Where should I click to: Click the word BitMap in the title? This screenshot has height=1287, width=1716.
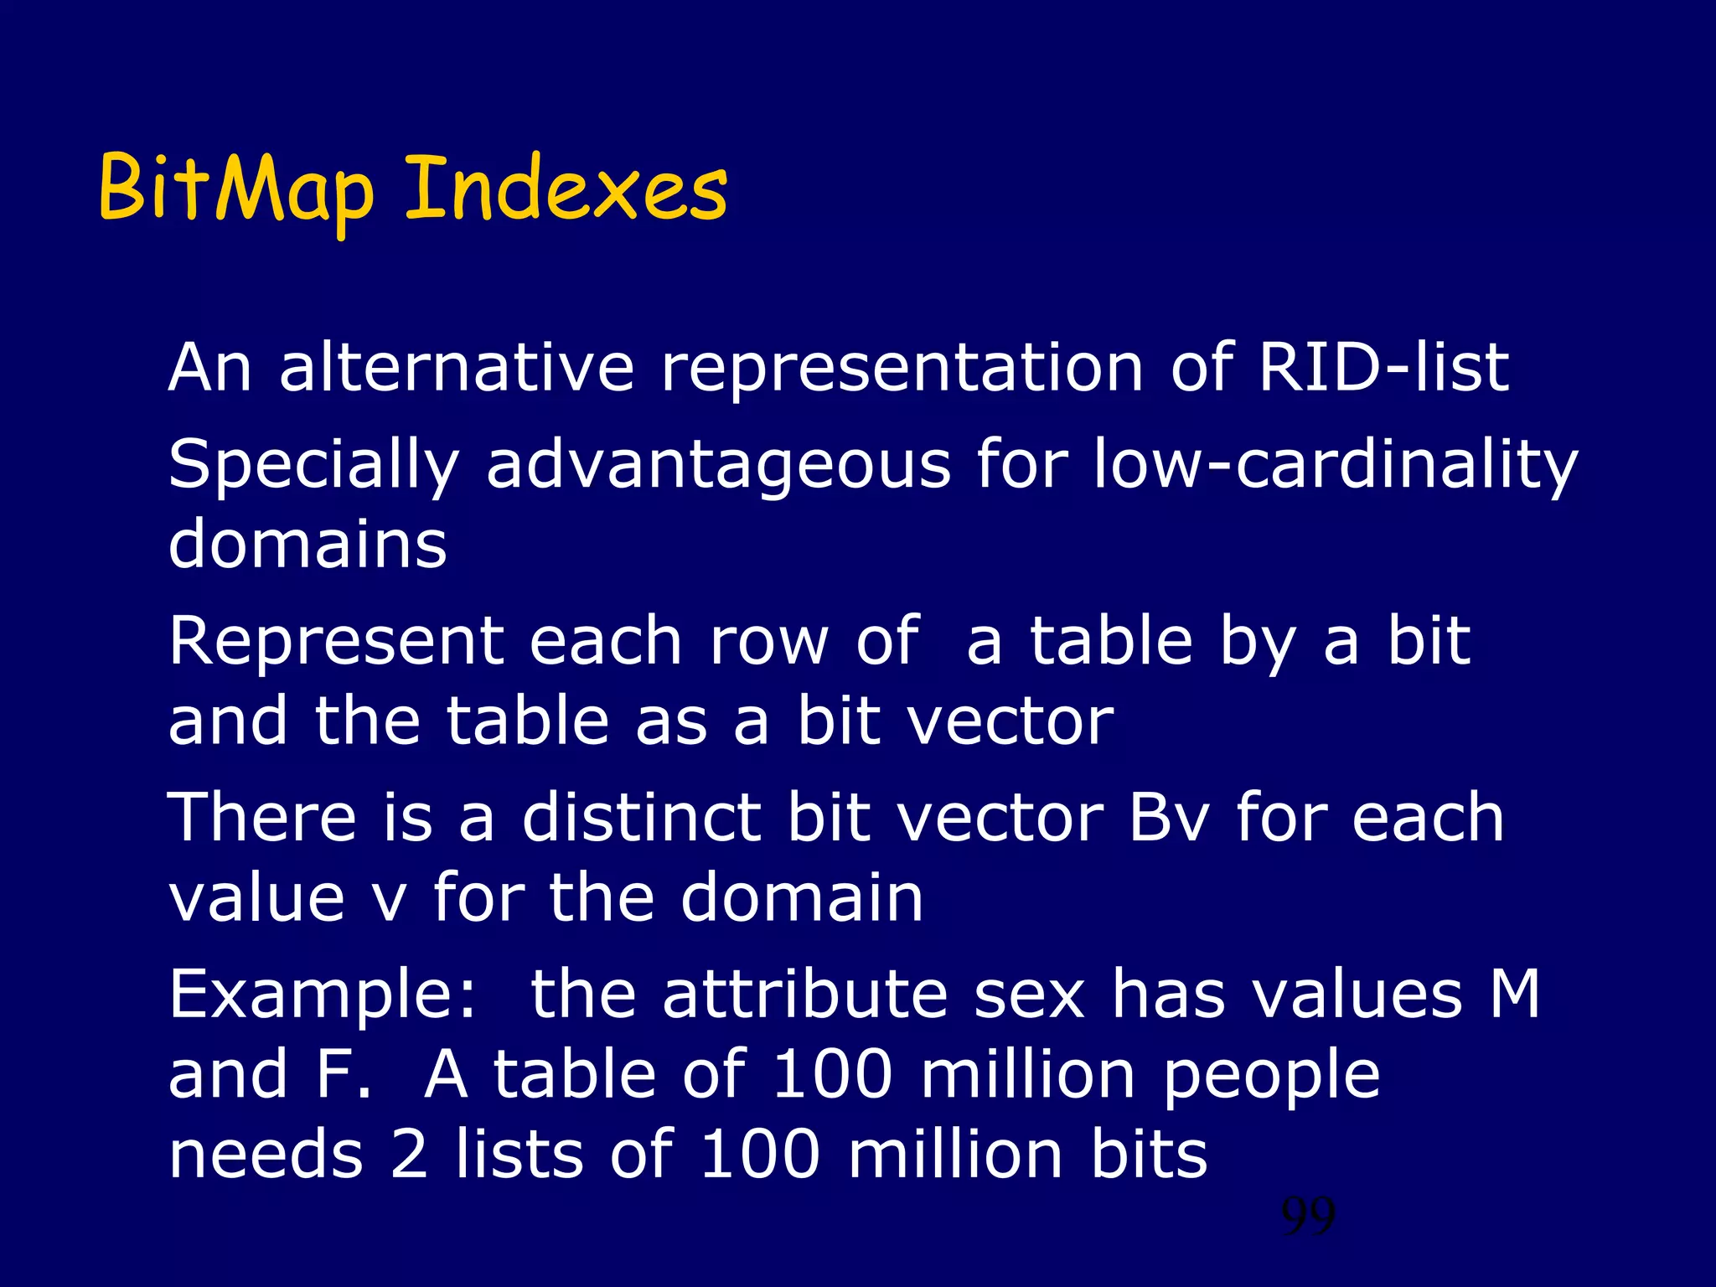(x=235, y=190)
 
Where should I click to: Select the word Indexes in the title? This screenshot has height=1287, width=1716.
(x=566, y=190)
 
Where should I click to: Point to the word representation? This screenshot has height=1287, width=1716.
(x=902, y=369)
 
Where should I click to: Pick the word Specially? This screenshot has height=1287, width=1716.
(x=313, y=466)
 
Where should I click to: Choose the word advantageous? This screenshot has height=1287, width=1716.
(x=718, y=466)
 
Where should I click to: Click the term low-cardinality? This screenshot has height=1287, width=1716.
(x=1336, y=466)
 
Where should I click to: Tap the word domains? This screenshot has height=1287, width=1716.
(x=308, y=545)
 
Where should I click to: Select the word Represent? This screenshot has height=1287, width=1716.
(x=336, y=642)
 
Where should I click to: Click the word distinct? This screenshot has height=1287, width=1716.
(x=642, y=818)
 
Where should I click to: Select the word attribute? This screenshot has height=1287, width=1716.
(x=804, y=994)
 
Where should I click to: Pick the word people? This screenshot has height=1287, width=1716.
(x=1271, y=1077)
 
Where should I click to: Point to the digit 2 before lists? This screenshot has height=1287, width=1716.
(x=410, y=1155)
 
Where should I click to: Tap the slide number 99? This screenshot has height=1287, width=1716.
(x=1308, y=1217)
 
